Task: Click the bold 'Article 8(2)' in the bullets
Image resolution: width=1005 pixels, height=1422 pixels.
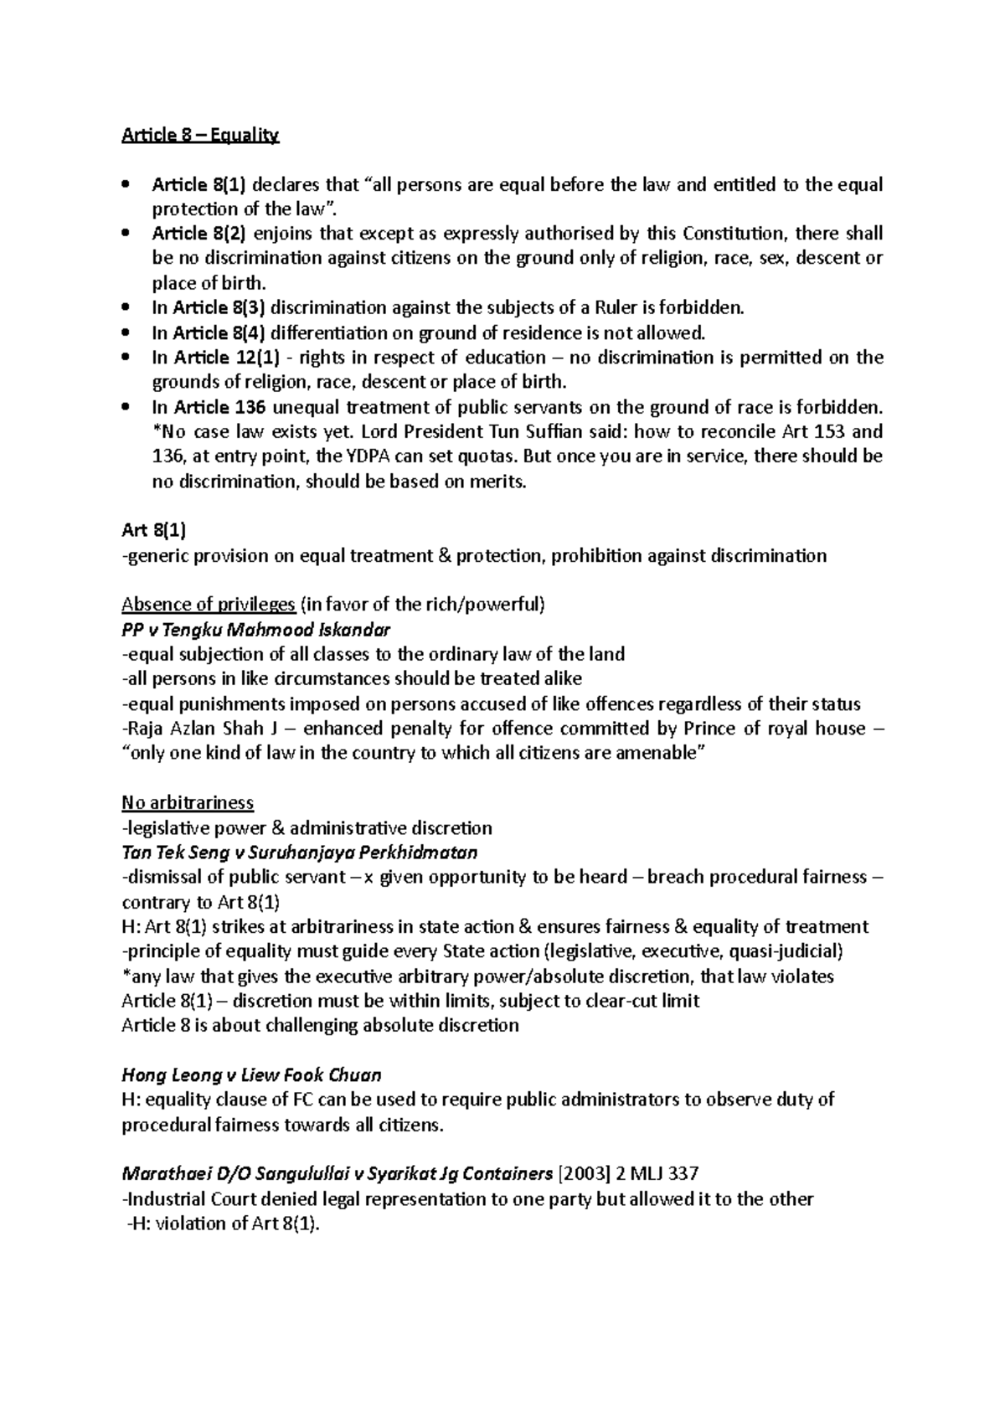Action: [x=200, y=233]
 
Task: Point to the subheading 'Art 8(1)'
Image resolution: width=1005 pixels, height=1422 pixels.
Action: [x=154, y=530]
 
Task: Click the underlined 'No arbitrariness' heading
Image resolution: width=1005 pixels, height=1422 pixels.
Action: [x=188, y=803]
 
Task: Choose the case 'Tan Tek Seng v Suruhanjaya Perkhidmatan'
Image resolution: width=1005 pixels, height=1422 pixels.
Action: [x=299, y=853]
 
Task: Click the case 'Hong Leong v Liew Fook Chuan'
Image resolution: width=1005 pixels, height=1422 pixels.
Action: [x=251, y=1075]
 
